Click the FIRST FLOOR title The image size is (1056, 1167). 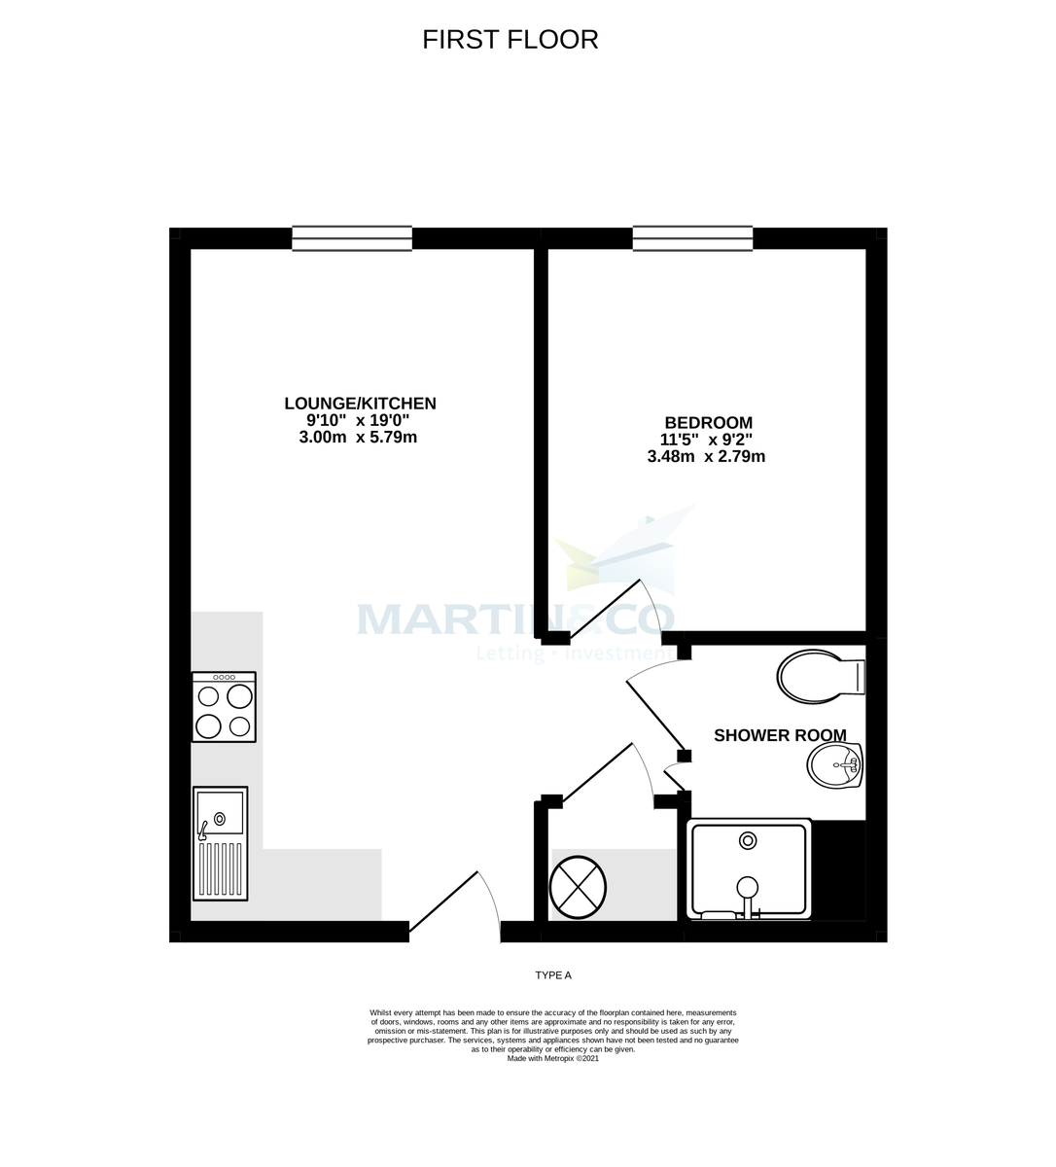(510, 39)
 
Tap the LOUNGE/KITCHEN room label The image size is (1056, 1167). (360, 403)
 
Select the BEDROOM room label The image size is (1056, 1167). (708, 422)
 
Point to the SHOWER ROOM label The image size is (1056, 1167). (780, 735)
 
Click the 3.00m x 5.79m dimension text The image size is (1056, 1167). (360, 438)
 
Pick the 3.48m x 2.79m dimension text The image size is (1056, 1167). (706, 456)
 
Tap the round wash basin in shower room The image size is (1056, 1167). (834, 765)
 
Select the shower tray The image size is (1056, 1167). (748, 868)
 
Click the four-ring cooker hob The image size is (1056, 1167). (224, 707)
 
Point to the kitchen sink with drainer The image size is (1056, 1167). (220, 843)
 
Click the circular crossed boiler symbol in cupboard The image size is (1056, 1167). (578, 887)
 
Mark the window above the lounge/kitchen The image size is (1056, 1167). (352, 238)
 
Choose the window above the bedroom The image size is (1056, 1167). (692, 238)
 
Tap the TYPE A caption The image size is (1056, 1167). (556, 974)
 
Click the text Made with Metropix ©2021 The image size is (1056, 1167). (552, 1059)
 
